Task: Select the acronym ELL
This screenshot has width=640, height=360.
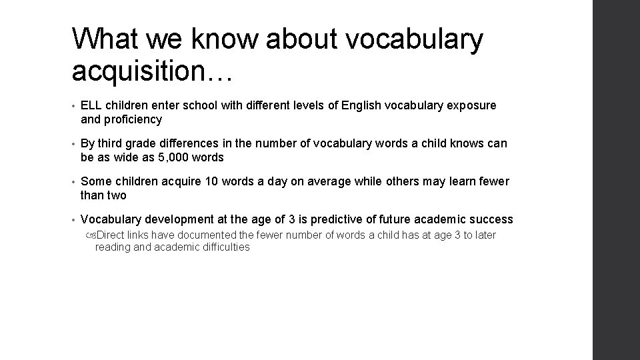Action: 91,106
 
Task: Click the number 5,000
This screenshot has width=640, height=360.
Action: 176,157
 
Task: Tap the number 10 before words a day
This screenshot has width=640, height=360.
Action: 195,182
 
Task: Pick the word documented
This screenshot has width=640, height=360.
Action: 209,235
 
